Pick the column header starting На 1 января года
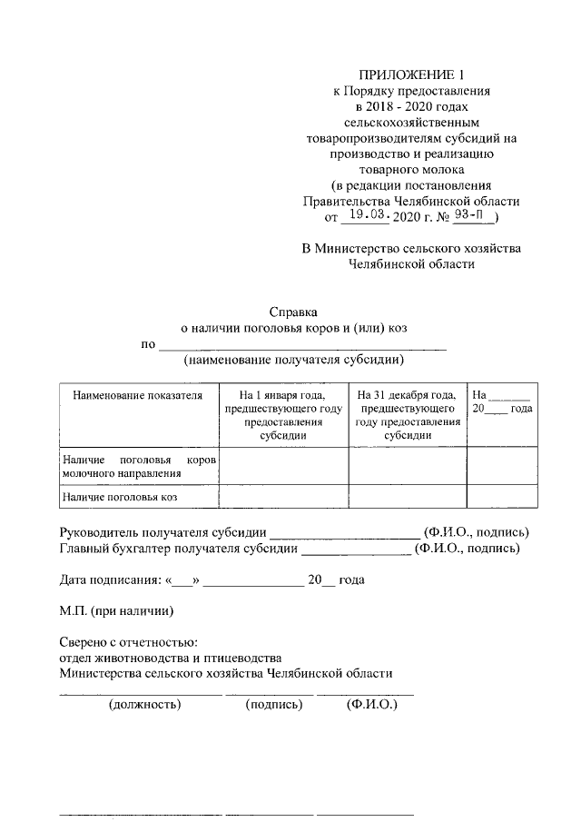284,415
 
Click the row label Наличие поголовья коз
118,497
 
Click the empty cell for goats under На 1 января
284,497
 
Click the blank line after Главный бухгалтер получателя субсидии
355,549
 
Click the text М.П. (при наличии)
115,611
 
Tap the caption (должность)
144,704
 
